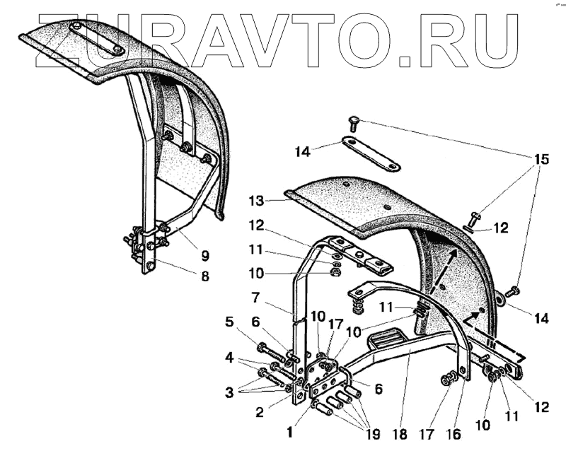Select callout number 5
click(229, 322)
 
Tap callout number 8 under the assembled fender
click(204, 276)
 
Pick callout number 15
click(541, 159)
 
